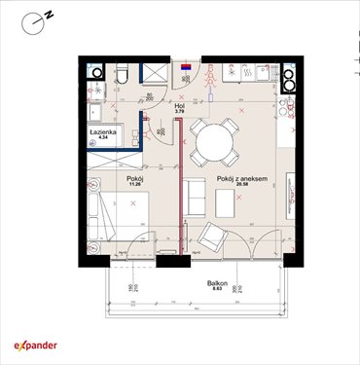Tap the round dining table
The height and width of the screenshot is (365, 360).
(x=212, y=144)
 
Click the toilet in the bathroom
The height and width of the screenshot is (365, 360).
(x=121, y=74)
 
